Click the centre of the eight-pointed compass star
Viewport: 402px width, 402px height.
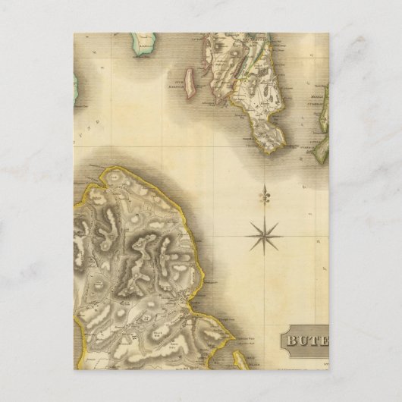[x=264, y=234]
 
